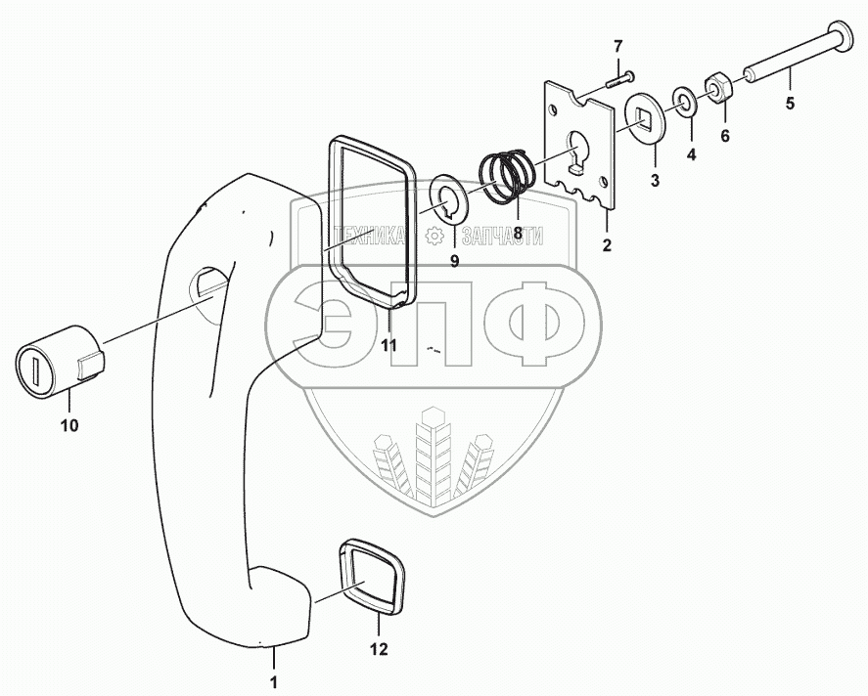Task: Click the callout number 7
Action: tap(617, 46)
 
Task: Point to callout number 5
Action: tap(791, 102)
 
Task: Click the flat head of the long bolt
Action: tap(841, 33)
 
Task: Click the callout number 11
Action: tap(388, 346)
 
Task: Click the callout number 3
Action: tap(655, 180)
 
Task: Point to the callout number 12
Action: tap(379, 649)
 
